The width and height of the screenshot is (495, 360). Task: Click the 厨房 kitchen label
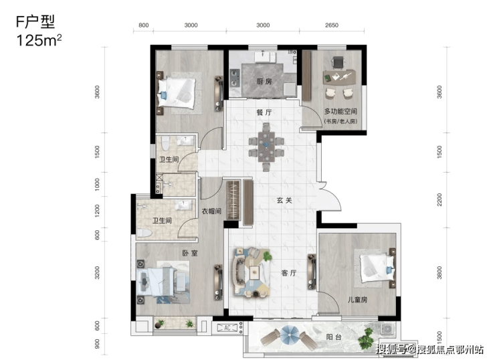tap(264, 82)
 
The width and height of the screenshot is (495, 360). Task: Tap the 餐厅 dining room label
tap(264, 112)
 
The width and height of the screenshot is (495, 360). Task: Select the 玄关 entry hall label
tap(284, 200)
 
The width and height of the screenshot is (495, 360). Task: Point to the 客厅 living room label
tap(289, 273)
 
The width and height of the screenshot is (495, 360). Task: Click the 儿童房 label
tap(357, 299)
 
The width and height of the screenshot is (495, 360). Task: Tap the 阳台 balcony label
tap(334, 337)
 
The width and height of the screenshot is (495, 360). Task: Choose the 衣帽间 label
tap(211, 211)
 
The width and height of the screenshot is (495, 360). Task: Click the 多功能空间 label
tap(340, 111)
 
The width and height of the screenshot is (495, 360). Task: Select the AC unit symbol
tap(227, 328)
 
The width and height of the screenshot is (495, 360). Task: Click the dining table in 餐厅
tap(266, 147)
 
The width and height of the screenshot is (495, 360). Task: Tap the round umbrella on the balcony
tap(289, 336)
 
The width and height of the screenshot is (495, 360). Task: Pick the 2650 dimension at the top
tap(332, 25)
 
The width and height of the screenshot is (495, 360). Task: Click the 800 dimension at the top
tap(143, 25)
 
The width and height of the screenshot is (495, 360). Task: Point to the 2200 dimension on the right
tap(439, 199)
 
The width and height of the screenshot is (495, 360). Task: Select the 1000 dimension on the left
tap(97, 184)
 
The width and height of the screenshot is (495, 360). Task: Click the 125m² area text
tap(39, 40)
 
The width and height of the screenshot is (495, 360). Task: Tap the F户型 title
tap(35, 22)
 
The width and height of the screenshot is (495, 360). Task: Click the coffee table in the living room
tap(254, 272)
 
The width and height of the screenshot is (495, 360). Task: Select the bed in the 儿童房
tap(377, 268)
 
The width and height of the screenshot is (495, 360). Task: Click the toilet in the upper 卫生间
tap(165, 143)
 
